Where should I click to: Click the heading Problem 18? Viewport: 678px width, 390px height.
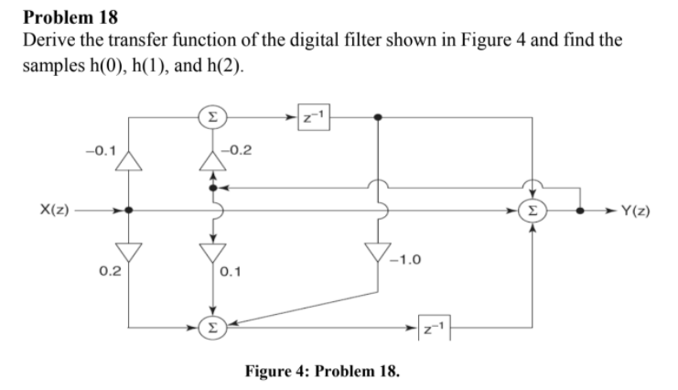coord(70,16)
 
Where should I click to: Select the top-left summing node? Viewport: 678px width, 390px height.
coord(212,117)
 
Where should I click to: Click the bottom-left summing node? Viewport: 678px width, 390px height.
coord(212,324)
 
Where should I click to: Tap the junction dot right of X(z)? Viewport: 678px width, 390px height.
coord(129,210)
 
